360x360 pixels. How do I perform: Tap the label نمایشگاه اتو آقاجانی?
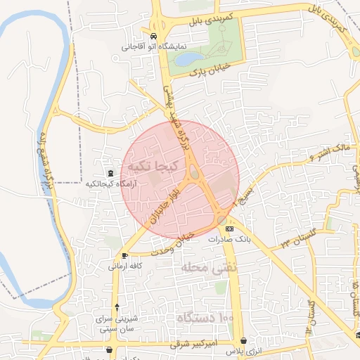click(x=155, y=47)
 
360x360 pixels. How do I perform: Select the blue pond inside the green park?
click(x=189, y=59)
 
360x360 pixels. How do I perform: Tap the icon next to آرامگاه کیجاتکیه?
click(x=110, y=173)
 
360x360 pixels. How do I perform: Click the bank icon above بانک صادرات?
click(x=229, y=229)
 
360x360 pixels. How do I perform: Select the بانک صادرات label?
click(x=230, y=240)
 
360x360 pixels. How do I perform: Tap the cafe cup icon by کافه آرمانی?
click(x=124, y=255)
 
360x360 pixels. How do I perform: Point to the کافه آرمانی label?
click(x=125, y=266)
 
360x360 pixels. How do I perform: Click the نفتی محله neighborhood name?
click(x=210, y=268)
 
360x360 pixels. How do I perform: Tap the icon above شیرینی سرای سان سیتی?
click(x=117, y=306)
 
